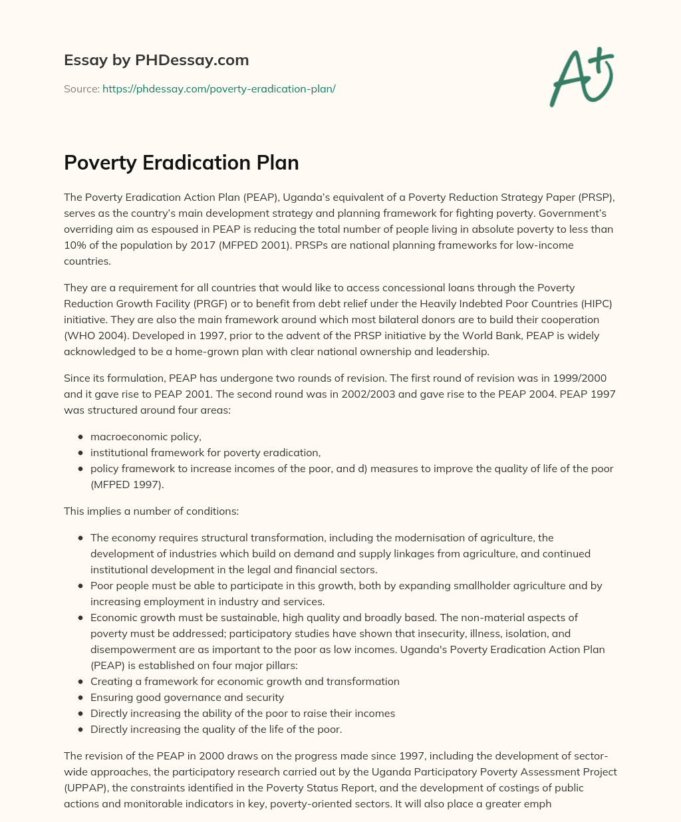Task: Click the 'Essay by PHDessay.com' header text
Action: pos(156,61)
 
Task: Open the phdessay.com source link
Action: pos(219,88)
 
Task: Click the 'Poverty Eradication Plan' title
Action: pos(181,163)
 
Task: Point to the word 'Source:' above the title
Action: pos(81,88)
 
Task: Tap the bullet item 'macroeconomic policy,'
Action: pos(146,436)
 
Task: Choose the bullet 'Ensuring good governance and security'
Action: pos(187,697)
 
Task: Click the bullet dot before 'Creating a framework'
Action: pos(80,681)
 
